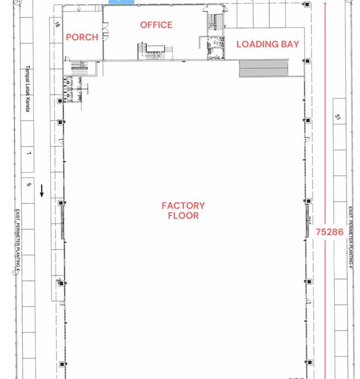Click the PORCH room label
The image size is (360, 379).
tap(82, 37)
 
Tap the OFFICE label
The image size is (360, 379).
tap(156, 25)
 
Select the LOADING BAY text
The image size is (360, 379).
tap(268, 44)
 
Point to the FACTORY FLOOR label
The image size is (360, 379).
tap(183, 211)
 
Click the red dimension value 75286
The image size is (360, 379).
tap(330, 232)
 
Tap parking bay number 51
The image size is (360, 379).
tap(338, 118)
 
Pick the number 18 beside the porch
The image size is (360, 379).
tap(57, 25)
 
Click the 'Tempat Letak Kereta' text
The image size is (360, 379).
tap(27, 88)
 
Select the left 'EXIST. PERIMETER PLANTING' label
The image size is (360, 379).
tap(18, 240)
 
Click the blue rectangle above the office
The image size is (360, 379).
tap(121, 2)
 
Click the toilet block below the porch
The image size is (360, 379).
tap(74, 89)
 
